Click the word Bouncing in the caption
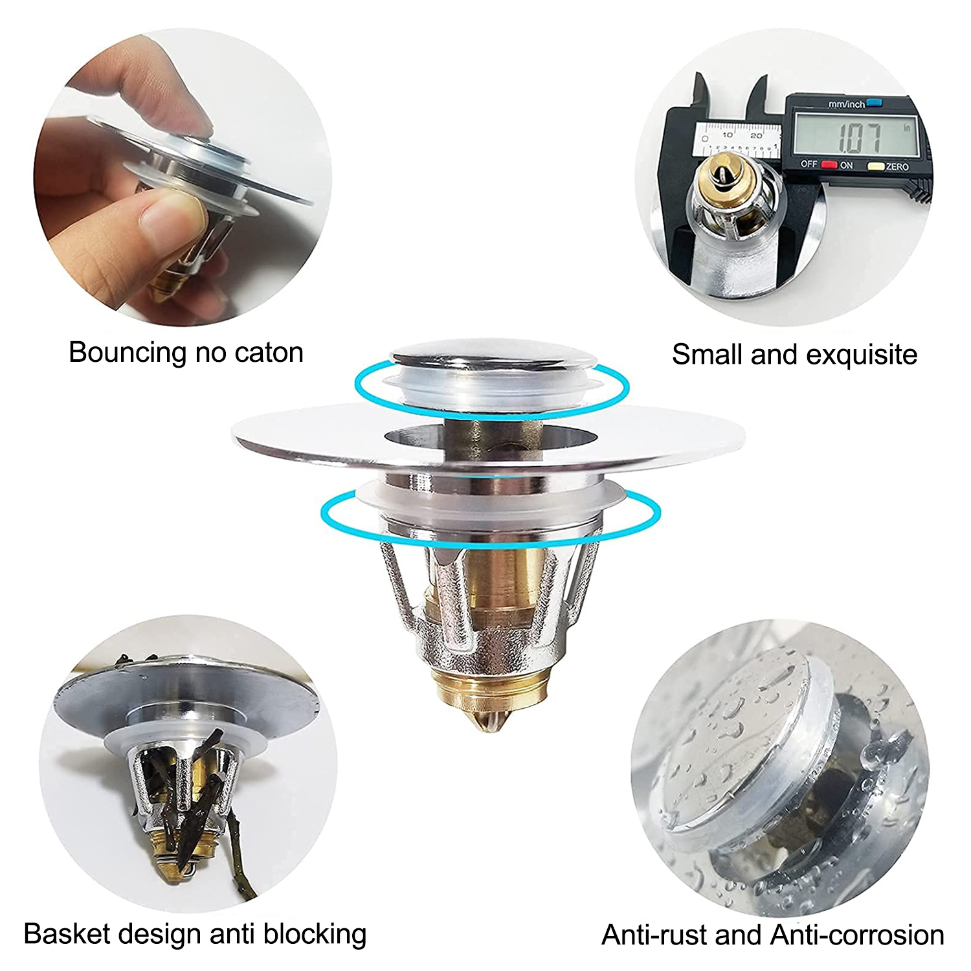pyautogui.click(x=128, y=353)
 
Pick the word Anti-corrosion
pyautogui.click(x=858, y=935)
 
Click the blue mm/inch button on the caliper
pyautogui.click(x=875, y=102)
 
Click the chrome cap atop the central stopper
pyautogui.click(x=491, y=358)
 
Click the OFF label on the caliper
pyautogui.click(x=809, y=164)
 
